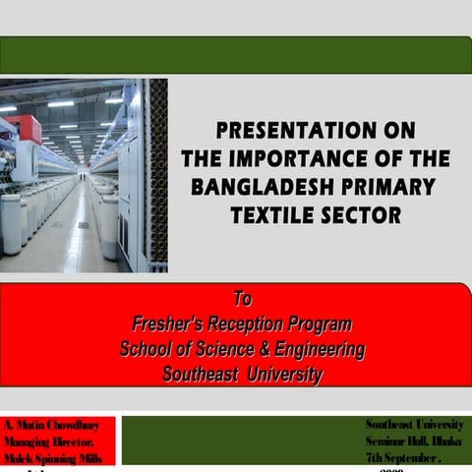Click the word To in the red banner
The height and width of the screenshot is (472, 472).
[242, 299]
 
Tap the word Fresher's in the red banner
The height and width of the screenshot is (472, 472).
[171, 324]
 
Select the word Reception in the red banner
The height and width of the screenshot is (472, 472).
[253, 324]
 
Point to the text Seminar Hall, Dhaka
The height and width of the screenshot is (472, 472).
[414, 441]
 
